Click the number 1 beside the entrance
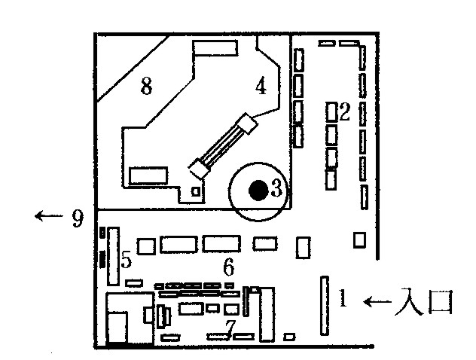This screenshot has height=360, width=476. point(342,299)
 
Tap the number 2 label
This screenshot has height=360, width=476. point(345,113)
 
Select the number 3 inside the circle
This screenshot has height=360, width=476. point(276,189)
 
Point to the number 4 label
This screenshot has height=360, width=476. point(261,87)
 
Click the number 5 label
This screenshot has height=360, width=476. point(127,260)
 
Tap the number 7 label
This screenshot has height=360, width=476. point(230,325)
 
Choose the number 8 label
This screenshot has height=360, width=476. point(146,87)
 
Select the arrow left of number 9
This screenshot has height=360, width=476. point(47,217)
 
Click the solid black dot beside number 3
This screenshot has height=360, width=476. point(258,190)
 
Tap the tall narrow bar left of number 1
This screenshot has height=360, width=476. point(325,305)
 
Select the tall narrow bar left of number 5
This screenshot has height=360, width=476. point(114,256)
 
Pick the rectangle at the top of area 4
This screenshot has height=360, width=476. point(215,48)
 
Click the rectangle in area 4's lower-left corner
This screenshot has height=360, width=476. point(147,175)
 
